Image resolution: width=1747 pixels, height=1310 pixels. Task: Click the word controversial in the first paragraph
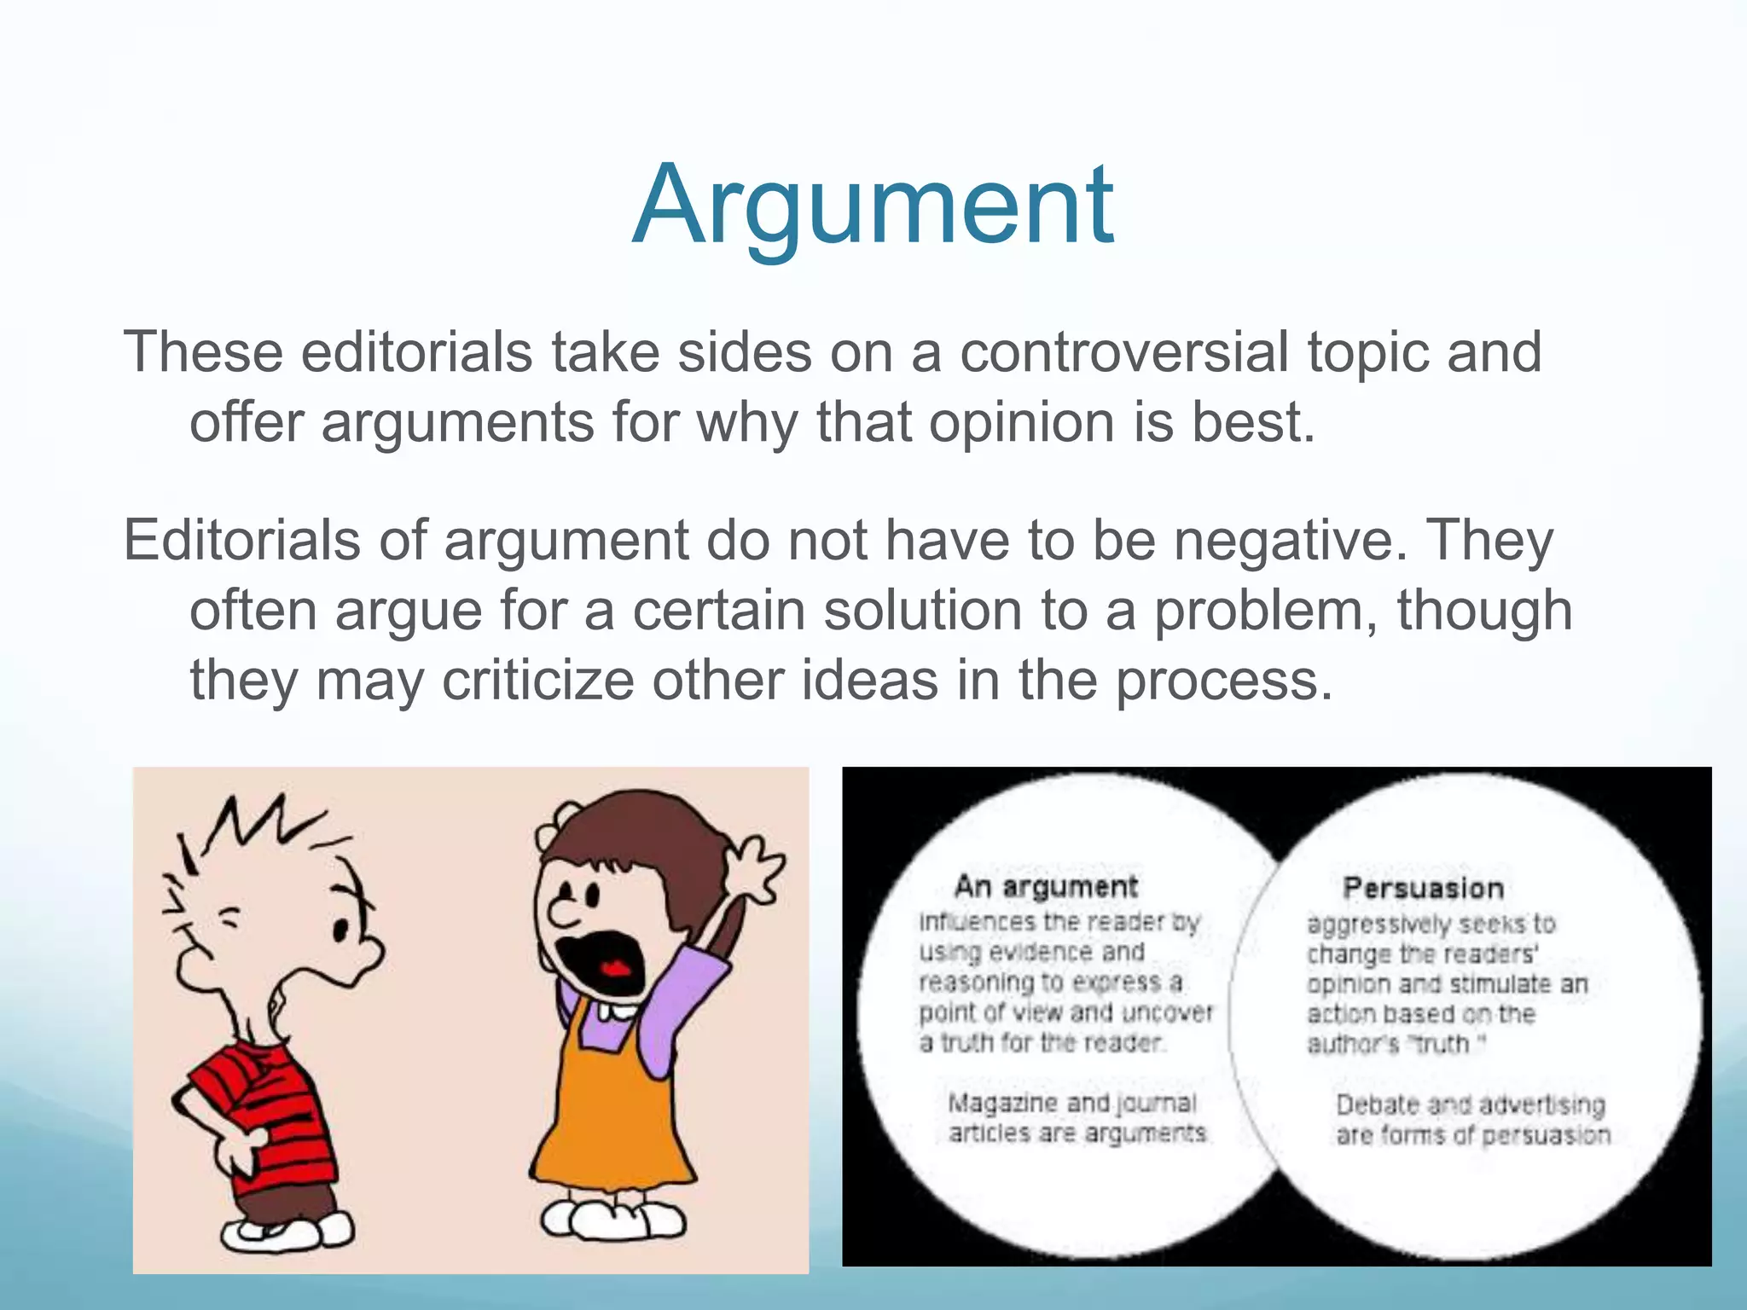(1124, 352)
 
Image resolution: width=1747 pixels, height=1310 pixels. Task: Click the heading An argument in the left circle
(1045, 887)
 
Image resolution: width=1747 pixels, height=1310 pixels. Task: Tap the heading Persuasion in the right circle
(1423, 889)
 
